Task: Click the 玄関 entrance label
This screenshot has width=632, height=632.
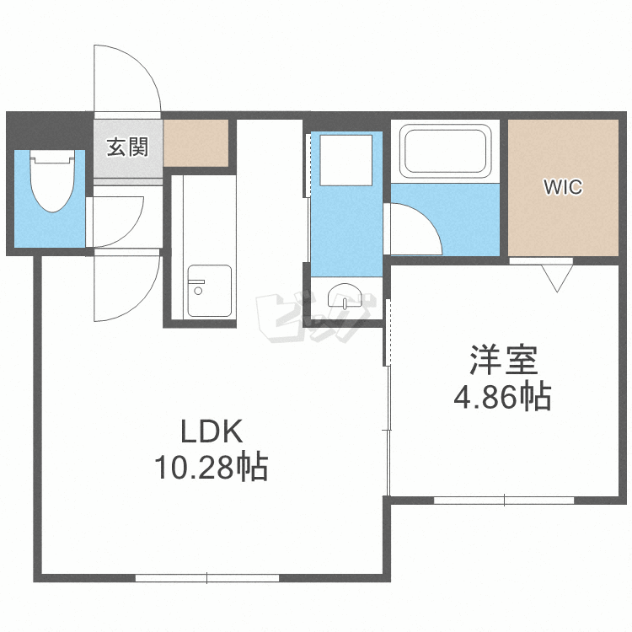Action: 127,147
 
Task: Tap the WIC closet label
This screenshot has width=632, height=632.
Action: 562,187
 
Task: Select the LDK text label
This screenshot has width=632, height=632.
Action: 212,433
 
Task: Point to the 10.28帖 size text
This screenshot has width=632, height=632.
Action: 211,466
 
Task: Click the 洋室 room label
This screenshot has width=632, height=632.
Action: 503,361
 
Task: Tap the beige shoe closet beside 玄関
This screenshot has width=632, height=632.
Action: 196,142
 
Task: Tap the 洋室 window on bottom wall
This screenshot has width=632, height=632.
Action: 504,501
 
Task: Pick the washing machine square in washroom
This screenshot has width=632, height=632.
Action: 345,160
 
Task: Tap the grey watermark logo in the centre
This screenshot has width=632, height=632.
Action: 313,319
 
